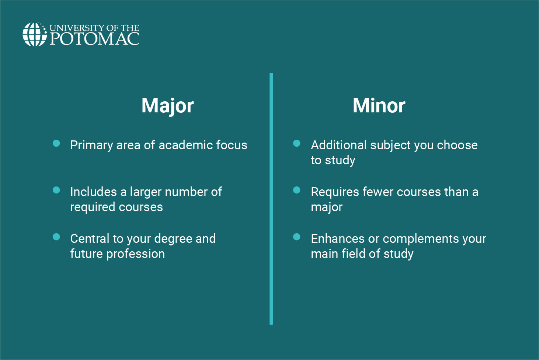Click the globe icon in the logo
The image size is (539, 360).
click(x=34, y=34)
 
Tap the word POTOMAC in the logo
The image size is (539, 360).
click(x=94, y=39)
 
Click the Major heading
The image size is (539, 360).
click(x=167, y=106)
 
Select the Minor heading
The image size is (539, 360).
click(x=379, y=106)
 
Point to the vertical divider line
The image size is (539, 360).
click(x=271, y=199)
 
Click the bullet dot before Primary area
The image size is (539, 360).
click(x=56, y=143)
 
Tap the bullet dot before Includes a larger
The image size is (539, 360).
click(x=56, y=190)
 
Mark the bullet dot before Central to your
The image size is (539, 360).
click(x=56, y=237)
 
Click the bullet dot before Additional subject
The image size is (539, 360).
click(x=297, y=143)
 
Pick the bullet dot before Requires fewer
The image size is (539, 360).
click(x=297, y=190)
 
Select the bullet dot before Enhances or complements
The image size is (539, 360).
click(x=297, y=237)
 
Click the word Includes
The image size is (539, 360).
click(x=94, y=192)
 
